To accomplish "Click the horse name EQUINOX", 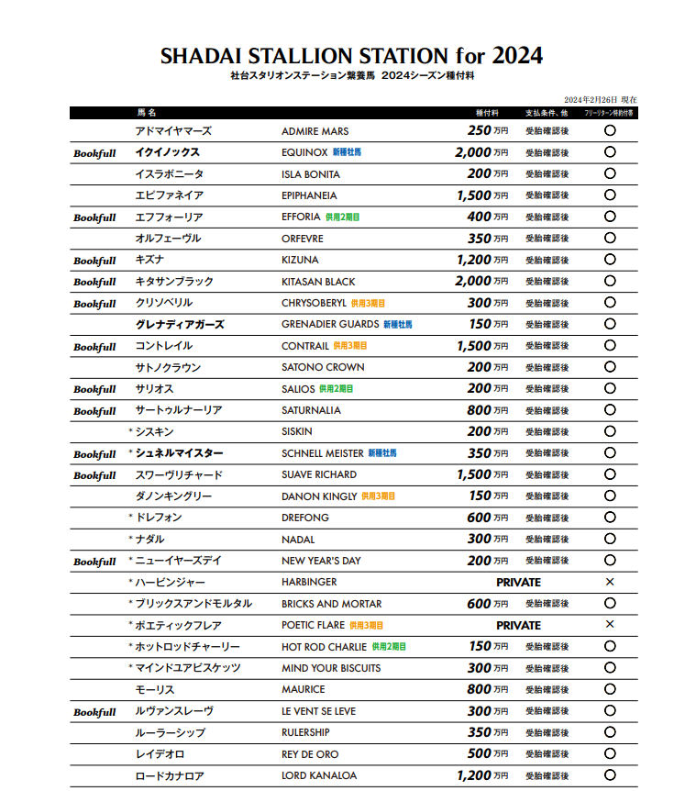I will click(304, 153).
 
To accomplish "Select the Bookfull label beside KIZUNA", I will click(94, 261).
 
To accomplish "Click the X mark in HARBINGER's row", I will click(610, 583).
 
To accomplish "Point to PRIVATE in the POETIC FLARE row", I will click(518, 626).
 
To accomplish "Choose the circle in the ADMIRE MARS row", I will click(610, 131).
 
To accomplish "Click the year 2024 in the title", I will click(516, 56).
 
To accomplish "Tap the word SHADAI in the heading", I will click(197, 56).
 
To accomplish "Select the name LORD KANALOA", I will click(320, 776).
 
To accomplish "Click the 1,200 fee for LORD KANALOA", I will click(474, 775).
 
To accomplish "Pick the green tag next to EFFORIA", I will click(342, 217).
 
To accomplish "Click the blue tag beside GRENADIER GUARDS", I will click(397, 325).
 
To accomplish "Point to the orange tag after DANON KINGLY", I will click(378, 496).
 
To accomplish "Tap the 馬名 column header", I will click(147, 113).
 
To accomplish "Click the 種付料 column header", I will click(487, 113).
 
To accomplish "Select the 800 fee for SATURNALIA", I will click(479, 410).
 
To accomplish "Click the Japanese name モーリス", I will click(154, 690).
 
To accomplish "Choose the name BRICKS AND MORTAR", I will click(331, 604).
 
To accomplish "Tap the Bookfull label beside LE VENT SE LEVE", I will click(94, 712).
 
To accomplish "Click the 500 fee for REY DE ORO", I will click(479, 754).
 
